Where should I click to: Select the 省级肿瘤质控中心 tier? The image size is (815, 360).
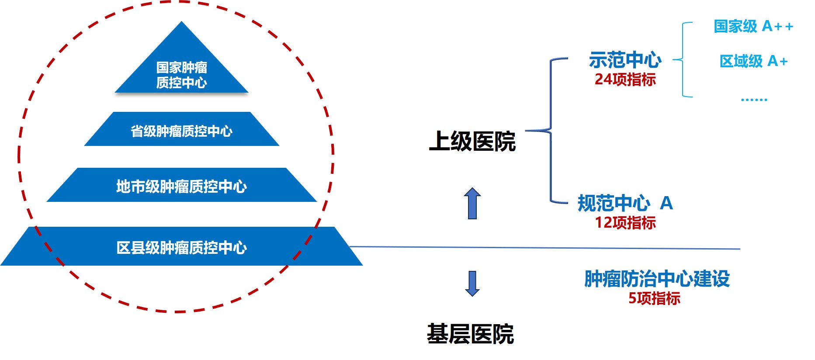181,130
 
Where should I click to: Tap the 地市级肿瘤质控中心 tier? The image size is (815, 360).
181,186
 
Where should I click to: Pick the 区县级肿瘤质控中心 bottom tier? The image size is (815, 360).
181,247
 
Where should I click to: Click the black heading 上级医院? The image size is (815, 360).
472,142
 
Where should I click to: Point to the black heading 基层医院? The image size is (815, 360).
470,334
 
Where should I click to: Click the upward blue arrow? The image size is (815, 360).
472,204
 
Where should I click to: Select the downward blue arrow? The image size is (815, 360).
472,284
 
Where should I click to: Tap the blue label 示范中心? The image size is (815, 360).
625,60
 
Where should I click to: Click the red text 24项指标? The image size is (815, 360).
625,80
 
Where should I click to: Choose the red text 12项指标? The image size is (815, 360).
625,223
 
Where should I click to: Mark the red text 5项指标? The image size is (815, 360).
654,298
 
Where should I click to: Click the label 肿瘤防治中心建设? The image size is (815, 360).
657,279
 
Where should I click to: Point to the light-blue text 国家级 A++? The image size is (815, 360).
753,26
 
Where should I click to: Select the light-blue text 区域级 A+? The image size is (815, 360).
753,61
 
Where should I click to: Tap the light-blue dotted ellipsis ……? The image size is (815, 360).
754,100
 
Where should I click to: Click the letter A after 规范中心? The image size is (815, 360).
666,203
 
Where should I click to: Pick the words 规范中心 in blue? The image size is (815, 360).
614,203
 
